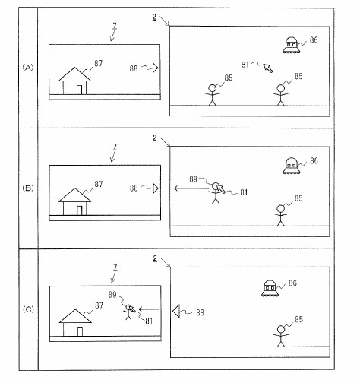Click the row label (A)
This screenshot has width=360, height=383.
coord(28,68)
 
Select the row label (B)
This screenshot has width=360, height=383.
coord(28,188)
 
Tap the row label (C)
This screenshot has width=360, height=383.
coord(28,309)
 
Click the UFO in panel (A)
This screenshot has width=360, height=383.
coord(292,46)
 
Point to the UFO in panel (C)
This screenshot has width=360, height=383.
coord(270,288)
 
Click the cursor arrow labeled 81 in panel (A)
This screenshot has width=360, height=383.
coord(268,68)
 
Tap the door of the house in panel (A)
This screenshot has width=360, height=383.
coord(79,90)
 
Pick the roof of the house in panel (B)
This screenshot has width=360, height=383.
coord(74,195)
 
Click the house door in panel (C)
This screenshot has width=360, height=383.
coord(80,331)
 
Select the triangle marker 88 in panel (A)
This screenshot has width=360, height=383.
coord(155,68)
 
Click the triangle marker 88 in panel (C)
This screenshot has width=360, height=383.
coord(176,311)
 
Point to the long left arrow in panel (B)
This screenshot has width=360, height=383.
coord(191,188)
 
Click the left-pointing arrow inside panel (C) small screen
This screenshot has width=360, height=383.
coord(149,309)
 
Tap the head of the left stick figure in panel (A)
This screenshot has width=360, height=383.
coord(212,88)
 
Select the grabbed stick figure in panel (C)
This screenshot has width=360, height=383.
coord(128,312)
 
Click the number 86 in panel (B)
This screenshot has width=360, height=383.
coord(314,160)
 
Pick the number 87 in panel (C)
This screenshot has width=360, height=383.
coord(99,305)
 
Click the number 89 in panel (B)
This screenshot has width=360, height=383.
coord(193,179)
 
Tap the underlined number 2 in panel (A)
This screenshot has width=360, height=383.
coord(154,17)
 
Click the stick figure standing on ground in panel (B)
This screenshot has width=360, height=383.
coord(280,215)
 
